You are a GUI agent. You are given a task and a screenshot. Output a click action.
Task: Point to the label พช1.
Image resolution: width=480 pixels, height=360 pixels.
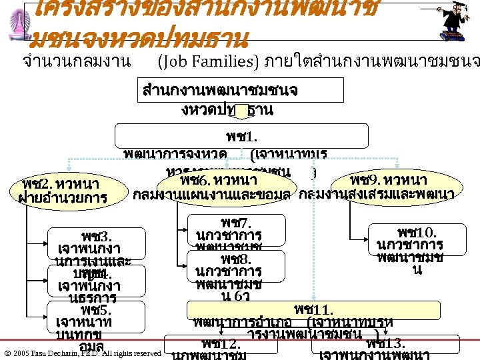(237, 139)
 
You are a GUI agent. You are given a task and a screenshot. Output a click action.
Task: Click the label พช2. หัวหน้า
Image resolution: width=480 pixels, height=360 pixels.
(60, 183)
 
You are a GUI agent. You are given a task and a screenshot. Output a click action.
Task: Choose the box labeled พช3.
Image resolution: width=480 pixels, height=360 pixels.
(97, 244)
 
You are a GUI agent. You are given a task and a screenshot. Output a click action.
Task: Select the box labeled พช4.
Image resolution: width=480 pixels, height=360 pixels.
(97, 280)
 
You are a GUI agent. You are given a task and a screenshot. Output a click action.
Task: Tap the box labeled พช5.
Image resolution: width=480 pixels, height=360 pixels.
(97, 317)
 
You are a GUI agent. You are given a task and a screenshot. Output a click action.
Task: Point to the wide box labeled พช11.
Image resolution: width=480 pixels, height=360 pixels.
(313, 311)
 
